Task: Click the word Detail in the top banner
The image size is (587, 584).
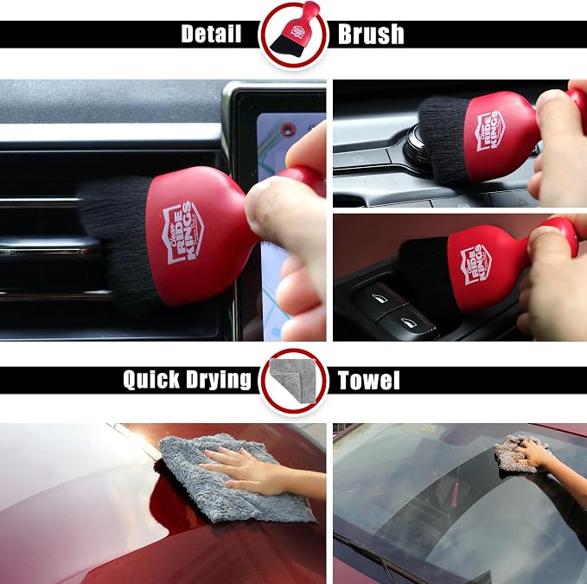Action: (x=211, y=34)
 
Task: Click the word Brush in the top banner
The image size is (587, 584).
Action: (x=371, y=35)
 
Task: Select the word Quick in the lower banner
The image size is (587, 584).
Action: (x=151, y=380)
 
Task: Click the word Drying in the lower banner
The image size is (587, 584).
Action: (x=219, y=380)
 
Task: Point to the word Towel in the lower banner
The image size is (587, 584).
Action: (x=369, y=380)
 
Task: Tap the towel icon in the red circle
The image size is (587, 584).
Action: (x=293, y=380)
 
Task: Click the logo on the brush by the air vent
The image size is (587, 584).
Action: (x=183, y=233)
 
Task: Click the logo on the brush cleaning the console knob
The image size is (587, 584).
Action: (x=489, y=132)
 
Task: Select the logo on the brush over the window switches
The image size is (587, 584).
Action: (x=475, y=265)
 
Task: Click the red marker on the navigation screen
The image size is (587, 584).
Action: (x=288, y=131)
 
